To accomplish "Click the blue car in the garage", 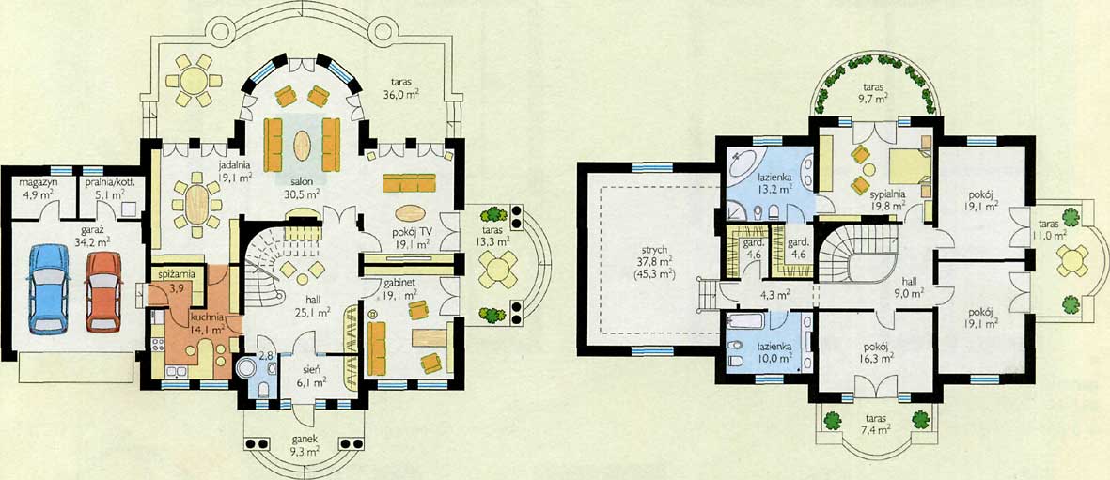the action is pos(48,289).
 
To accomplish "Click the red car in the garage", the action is pos(104,292).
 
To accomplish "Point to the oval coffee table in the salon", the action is pos(303,147).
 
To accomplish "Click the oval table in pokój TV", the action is pos(412,212).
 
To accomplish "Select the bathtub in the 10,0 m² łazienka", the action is pos(745,320).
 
